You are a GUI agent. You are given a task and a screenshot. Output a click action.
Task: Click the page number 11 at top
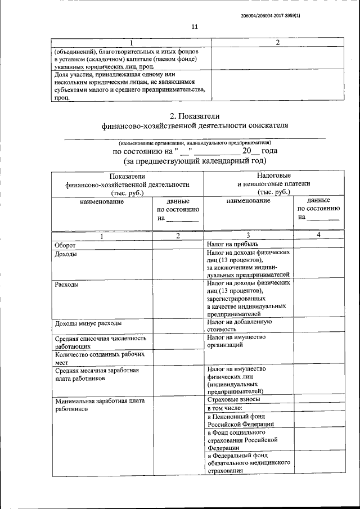[x=195, y=27]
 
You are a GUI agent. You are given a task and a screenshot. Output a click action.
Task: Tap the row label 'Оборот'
[x=65, y=245]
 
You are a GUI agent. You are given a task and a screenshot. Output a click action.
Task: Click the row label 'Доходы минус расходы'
[x=88, y=323]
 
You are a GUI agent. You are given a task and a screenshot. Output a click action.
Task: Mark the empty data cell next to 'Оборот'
[x=178, y=245]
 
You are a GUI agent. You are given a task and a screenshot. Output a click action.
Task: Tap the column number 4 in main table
[x=318, y=235]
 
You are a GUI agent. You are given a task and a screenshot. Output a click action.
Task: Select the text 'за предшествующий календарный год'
[x=195, y=161]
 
